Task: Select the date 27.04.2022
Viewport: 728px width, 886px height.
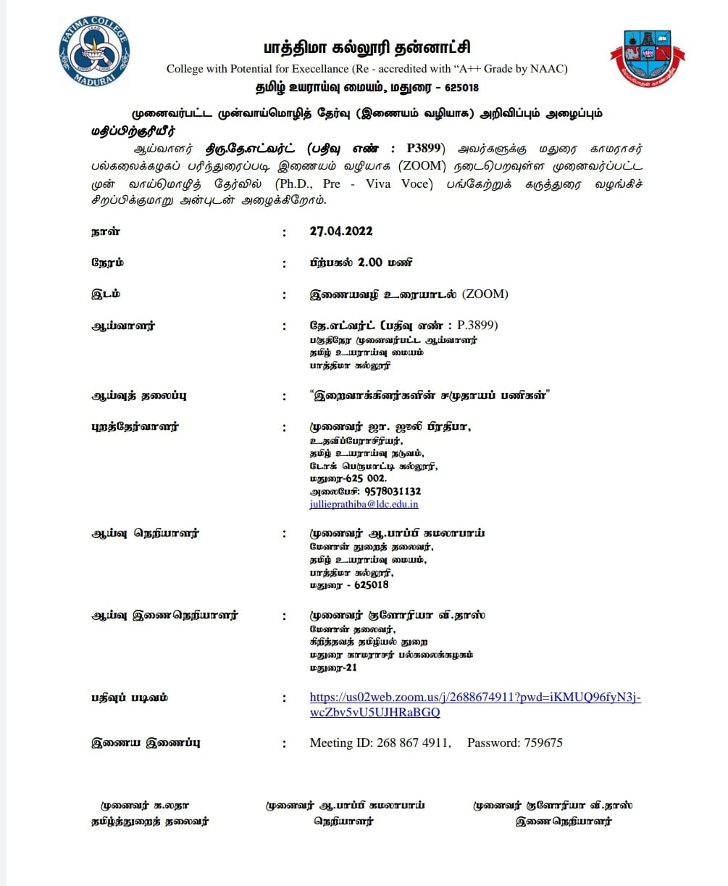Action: tap(340, 231)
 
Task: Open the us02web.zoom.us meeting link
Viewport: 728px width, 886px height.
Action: tap(474, 697)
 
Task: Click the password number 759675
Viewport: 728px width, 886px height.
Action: tap(538, 742)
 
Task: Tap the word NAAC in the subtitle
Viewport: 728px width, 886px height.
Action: tap(550, 69)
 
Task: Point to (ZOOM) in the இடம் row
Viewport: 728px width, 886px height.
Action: tap(485, 294)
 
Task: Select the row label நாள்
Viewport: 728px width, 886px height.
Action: tap(106, 231)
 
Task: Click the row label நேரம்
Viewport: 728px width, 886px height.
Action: tap(107, 262)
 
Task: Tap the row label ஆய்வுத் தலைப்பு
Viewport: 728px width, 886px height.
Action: tap(139, 396)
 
